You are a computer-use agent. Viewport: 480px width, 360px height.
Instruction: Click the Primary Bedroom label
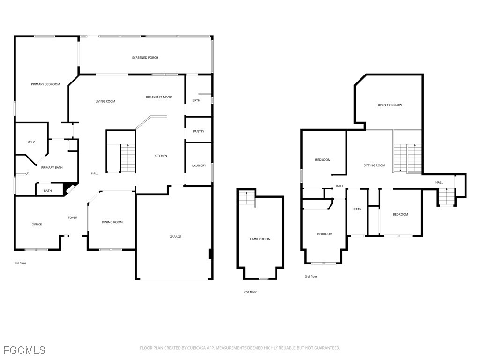click(45, 84)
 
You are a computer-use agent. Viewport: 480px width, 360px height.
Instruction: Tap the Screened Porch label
click(145, 58)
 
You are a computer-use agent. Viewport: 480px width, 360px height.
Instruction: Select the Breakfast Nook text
click(159, 97)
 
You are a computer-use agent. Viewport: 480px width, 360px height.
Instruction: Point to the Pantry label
click(199, 131)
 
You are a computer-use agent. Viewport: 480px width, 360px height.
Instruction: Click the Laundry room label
click(199, 165)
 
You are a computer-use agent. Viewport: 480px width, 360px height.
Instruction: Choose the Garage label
click(175, 237)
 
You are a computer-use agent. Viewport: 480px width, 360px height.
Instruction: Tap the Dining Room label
click(112, 222)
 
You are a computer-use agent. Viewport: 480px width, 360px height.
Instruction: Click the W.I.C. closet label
click(32, 142)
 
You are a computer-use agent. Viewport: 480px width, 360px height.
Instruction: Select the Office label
click(37, 225)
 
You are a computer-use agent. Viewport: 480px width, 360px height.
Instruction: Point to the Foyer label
click(73, 217)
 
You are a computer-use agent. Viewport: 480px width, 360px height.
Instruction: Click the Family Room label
click(260, 239)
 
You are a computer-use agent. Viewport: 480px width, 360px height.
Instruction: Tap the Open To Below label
click(390, 105)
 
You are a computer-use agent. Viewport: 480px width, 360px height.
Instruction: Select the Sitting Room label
click(375, 165)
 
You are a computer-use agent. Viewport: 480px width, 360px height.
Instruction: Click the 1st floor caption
click(21, 263)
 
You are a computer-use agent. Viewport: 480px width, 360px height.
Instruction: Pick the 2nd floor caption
click(250, 292)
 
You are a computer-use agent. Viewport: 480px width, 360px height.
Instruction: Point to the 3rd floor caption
click(311, 277)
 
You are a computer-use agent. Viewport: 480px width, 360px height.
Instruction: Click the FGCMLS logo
click(24, 350)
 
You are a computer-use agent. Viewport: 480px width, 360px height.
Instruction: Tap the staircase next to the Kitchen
click(128, 158)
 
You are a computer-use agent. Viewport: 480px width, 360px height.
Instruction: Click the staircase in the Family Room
click(247, 198)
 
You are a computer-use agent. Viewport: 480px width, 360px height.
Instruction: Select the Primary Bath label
click(52, 167)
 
